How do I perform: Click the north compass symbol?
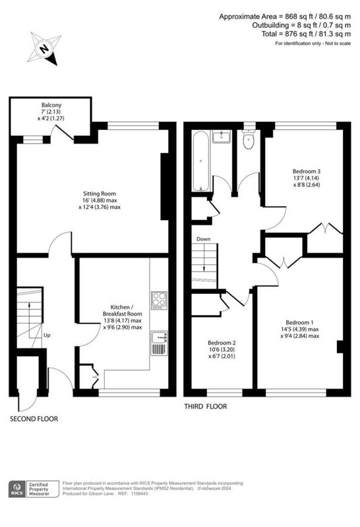[44, 49]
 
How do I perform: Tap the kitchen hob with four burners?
[159, 300]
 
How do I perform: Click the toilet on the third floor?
[248, 140]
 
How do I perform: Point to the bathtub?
[200, 159]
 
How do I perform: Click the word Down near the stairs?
[203, 238]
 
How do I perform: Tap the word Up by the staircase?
[46, 335]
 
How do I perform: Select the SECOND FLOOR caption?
[34, 418]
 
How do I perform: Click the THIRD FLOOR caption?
[205, 406]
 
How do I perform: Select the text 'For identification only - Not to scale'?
[313, 43]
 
